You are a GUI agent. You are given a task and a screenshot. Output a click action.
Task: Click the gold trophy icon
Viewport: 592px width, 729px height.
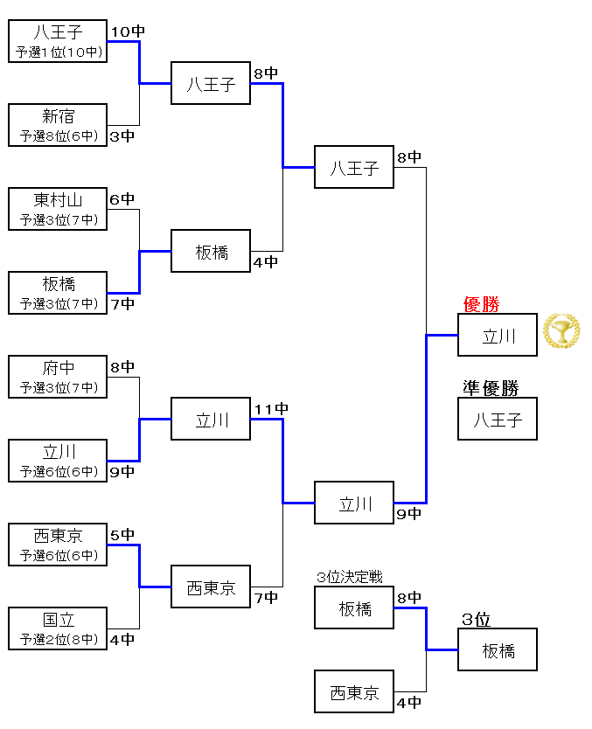[561, 330]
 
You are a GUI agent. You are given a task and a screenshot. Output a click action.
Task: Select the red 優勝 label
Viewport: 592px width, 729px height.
[482, 304]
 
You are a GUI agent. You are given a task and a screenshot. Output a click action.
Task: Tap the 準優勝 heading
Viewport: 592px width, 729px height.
[491, 388]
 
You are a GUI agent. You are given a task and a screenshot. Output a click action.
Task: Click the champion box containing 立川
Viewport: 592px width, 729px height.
[498, 335]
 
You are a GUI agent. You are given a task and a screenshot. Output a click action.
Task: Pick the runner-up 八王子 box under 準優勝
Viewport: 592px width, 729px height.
[498, 419]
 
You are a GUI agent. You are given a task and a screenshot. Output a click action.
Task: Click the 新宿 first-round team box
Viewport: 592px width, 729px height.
[58, 124]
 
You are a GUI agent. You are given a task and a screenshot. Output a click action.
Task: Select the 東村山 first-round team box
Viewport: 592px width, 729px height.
[58, 208]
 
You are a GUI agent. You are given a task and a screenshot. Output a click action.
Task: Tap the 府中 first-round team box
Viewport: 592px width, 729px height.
[58, 376]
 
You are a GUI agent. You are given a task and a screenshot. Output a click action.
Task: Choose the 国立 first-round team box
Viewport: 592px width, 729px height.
[58, 628]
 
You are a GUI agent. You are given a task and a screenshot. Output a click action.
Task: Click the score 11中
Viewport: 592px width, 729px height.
[271, 409]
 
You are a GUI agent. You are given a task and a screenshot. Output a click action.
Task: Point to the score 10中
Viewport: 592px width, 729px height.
[128, 31]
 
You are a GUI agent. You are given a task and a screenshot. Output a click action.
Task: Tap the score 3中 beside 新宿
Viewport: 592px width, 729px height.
[122, 135]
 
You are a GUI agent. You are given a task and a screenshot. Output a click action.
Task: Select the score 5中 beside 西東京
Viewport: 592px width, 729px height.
[122, 534]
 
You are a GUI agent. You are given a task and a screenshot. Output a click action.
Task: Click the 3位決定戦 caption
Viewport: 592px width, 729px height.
[350, 577]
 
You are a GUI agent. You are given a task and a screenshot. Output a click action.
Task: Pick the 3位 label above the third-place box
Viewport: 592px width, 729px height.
[477, 620]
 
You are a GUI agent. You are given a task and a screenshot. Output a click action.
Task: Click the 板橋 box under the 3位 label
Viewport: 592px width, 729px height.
[498, 649]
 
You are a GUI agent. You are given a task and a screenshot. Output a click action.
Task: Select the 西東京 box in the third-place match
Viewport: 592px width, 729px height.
[354, 691]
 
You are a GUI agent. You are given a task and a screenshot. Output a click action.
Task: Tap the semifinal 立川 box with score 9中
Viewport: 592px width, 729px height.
[354, 503]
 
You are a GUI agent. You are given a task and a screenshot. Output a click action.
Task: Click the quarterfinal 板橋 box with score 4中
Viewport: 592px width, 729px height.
[211, 251]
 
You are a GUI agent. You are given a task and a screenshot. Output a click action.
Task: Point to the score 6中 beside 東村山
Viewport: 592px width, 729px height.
[122, 199]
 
